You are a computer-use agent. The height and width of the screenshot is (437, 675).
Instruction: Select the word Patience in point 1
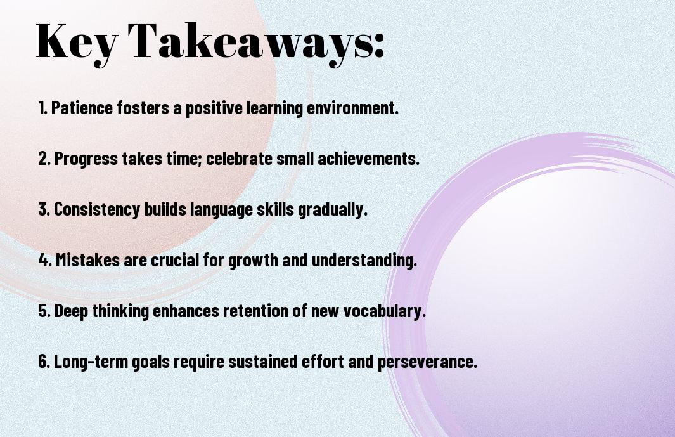(x=82, y=108)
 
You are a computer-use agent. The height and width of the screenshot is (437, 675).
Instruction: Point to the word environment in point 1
(x=352, y=108)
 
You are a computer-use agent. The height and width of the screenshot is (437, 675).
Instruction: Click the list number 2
(x=44, y=159)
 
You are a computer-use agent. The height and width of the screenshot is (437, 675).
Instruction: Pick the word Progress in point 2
(x=86, y=159)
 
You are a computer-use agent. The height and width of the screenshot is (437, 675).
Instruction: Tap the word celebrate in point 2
(x=240, y=159)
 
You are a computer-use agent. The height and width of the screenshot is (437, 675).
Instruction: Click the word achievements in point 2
(x=368, y=159)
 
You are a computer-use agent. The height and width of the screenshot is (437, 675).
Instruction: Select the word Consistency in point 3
(x=98, y=210)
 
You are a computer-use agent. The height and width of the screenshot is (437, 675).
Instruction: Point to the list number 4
(x=45, y=260)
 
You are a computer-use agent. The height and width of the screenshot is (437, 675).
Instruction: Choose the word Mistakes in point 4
(x=88, y=260)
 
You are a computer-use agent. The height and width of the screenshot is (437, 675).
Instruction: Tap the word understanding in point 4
(x=364, y=260)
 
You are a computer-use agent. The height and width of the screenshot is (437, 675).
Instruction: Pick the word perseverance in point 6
(x=427, y=362)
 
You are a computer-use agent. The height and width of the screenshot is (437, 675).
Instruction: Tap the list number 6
(x=44, y=362)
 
